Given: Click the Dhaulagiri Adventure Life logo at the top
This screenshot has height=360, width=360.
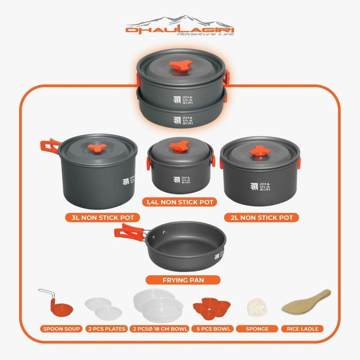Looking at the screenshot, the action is point(180,26).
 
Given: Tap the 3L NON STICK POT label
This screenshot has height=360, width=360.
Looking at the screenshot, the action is point(103,217).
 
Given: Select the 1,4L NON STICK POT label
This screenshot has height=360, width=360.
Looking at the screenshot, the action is point(180,202).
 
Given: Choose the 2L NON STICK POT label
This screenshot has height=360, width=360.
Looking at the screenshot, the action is point(262,217).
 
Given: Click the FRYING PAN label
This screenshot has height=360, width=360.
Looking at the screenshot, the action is point(183,280).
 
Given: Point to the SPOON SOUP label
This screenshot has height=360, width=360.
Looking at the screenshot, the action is point(61,329).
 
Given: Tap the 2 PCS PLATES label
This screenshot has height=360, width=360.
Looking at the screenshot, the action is point(107,329).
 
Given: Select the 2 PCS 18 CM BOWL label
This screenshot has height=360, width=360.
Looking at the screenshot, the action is point(160,329).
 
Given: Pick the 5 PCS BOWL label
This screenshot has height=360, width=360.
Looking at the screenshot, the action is point(213,329).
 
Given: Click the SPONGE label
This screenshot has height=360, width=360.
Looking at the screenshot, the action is point(257,329).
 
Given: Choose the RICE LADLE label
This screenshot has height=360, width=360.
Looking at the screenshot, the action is point(303,329).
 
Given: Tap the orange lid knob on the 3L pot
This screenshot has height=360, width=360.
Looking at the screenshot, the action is point(98,148).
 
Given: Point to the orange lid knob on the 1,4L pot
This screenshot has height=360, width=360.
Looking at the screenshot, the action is point(179,146).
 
